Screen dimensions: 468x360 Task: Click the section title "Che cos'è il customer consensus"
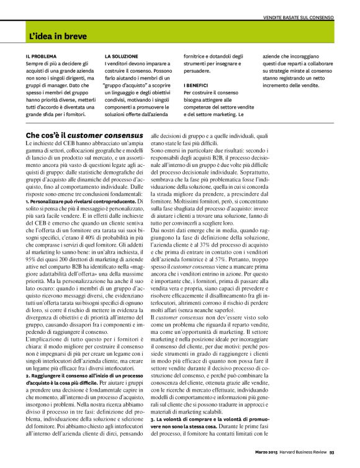[x=84, y=135]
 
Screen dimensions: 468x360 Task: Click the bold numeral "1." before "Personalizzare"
[x=28, y=202]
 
